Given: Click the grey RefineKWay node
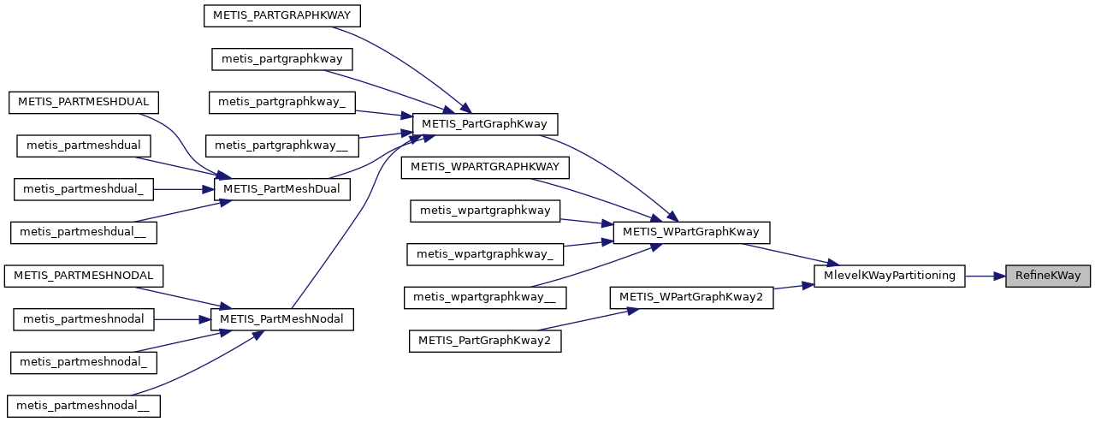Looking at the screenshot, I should coord(1048,276).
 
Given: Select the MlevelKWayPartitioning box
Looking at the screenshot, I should coord(890,276).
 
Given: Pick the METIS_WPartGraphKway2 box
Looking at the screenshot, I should coord(691,297).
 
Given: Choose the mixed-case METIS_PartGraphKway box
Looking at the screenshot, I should coord(485,124).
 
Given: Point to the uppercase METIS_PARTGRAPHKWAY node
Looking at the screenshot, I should coord(282,15).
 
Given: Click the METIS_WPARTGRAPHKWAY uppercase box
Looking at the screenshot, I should coord(485,167).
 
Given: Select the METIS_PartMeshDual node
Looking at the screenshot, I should coord(281,188).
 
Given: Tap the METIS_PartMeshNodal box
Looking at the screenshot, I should coord(281,319).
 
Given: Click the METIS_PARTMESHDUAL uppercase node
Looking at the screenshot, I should coord(84,102).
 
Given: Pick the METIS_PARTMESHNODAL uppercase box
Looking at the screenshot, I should coord(84,276).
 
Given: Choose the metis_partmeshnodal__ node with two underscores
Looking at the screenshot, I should coord(83,406).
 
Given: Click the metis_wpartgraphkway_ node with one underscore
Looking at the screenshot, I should coord(485,253).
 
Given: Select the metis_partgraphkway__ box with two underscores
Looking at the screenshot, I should coord(282,146).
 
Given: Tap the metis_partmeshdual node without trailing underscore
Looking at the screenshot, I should coord(84,145).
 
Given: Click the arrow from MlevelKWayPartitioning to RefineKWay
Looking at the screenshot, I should coord(985,276).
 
